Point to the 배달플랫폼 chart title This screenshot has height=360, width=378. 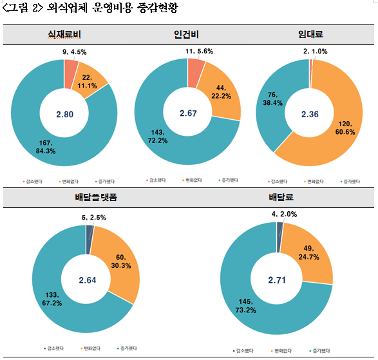[x=88, y=198]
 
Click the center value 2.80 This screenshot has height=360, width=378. [x=65, y=114]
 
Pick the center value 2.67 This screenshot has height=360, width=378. [x=187, y=114]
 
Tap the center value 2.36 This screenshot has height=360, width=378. [x=310, y=114]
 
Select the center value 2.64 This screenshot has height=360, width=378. [x=86, y=279]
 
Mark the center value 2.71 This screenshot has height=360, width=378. [x=277, y=279]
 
